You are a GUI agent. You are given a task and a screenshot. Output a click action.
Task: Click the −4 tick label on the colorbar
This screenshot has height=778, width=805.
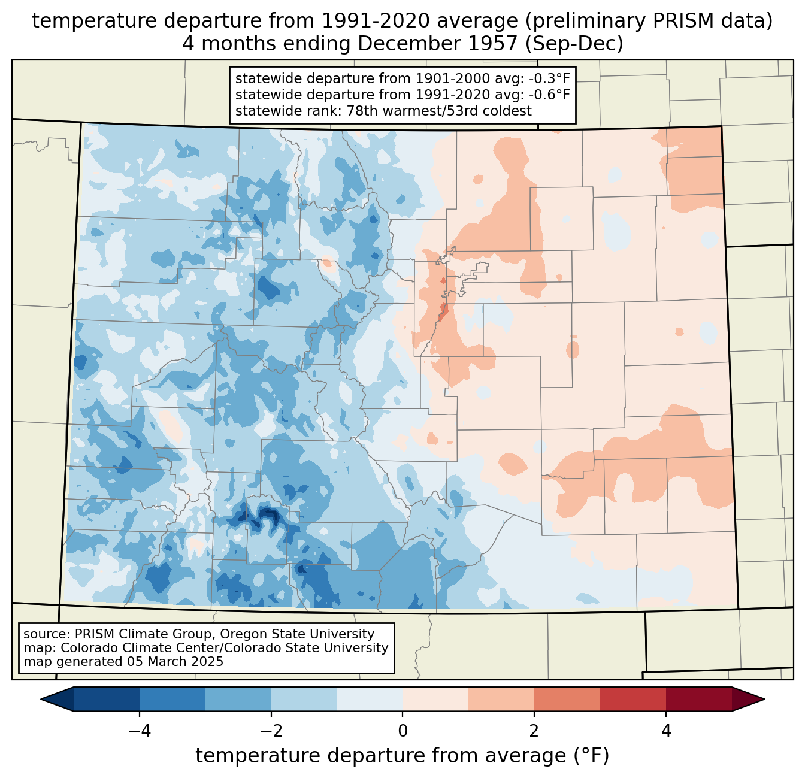click(x=140, y=731)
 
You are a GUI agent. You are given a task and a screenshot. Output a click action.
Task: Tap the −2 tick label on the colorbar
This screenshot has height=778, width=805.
click(x=271, y=731)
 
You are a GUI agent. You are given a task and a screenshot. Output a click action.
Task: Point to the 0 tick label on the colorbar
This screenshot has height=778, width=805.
click(x=402, y=731)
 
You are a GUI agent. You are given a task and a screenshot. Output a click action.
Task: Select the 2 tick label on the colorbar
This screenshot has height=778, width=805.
click(x=534, y=731)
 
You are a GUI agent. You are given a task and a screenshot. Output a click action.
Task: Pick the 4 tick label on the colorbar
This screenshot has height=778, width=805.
click(x=666, y=731)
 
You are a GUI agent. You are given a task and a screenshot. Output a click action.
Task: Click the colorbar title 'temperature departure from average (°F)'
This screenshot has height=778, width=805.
click(x=402, y=756)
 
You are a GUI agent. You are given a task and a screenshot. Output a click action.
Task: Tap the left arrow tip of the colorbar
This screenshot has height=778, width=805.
click(x=41, y=699)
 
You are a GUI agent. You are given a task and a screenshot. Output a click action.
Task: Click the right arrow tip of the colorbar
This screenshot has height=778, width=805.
click(x=764, y=699)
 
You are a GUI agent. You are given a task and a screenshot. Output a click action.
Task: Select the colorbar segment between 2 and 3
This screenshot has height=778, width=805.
click(x=567, y=699)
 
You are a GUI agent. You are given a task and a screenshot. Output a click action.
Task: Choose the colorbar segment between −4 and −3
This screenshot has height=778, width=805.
click(x=172, y=699)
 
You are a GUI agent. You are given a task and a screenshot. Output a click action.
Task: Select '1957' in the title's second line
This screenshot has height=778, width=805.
click(x=498, y=44)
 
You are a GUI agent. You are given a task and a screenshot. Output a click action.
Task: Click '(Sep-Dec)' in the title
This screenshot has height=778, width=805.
click(x=574, y=44)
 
